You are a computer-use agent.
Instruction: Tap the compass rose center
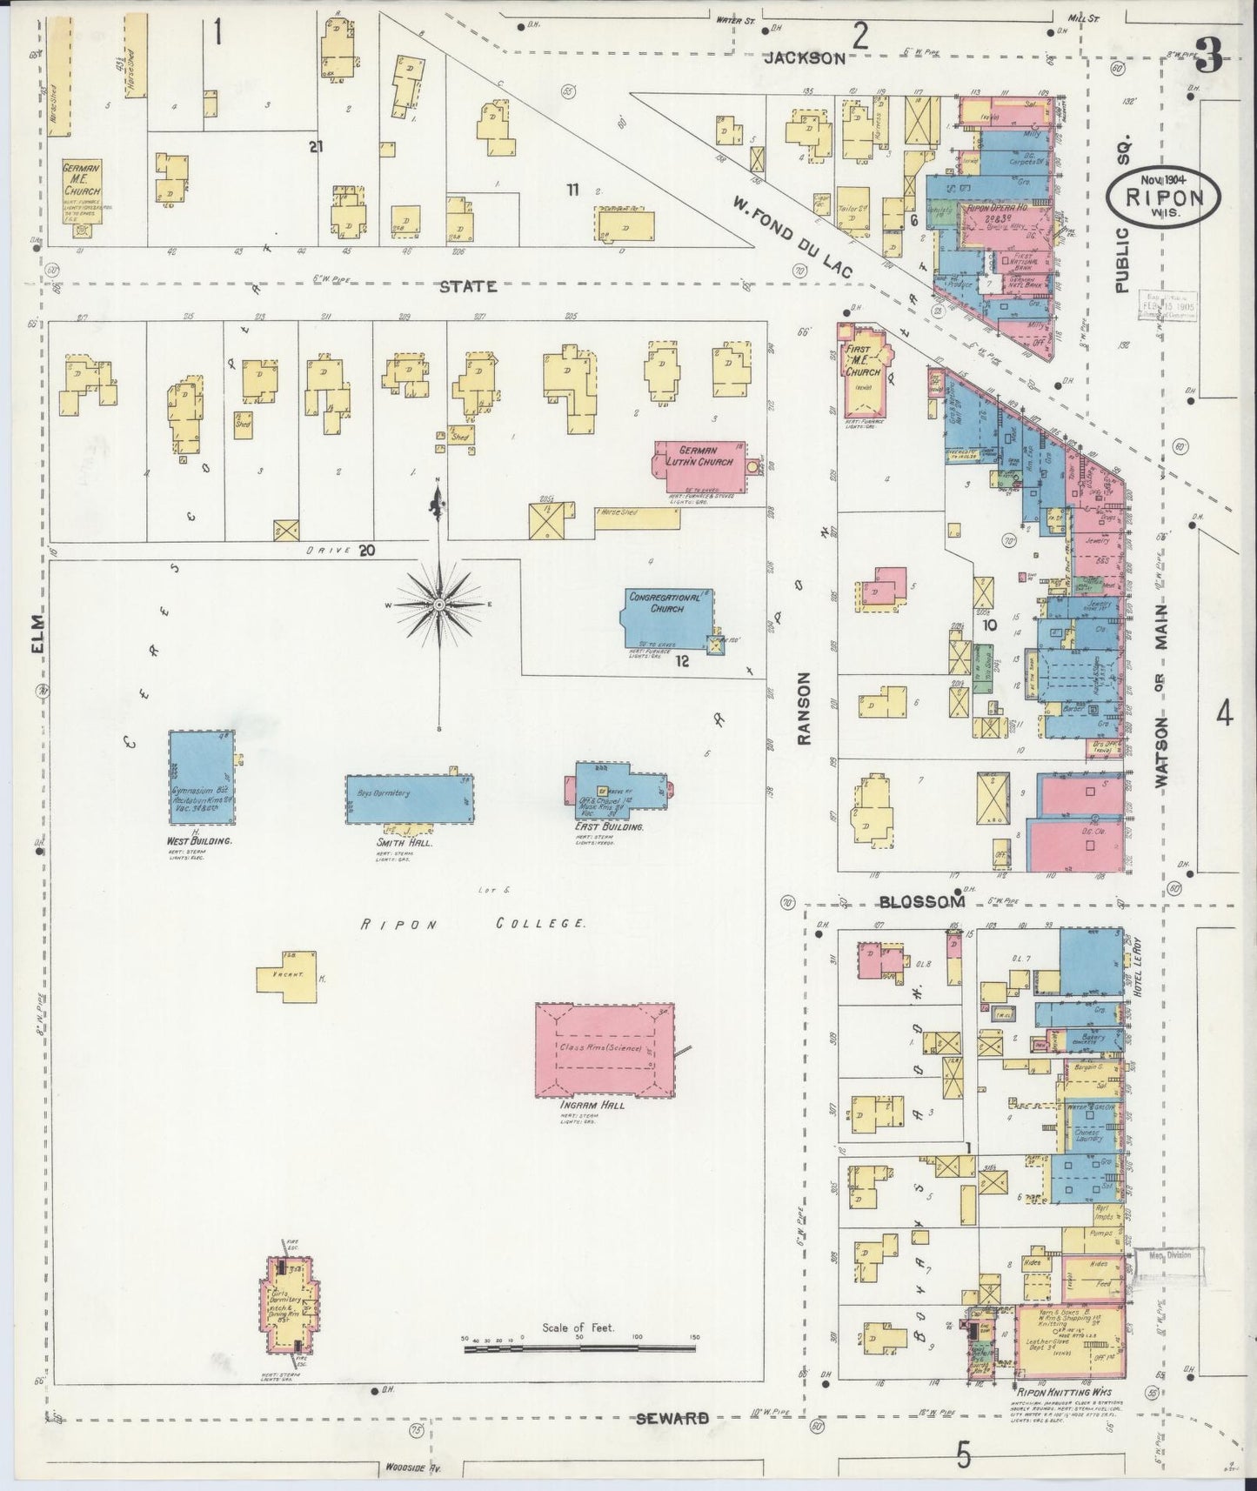(440, 604)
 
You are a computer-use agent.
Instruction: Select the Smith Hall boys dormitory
(410, 799)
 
